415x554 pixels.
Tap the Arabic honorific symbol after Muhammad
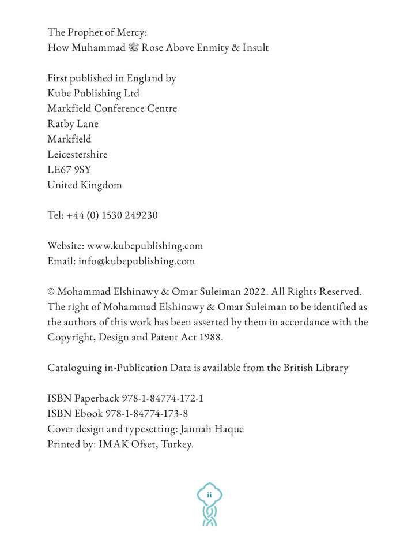click(x=133, y=48)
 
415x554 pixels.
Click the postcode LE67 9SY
click(x=69, y=170)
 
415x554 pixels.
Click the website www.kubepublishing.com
click(x=145, y=246)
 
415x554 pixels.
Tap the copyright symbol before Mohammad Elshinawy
click(x=51, y=292)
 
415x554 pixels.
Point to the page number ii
click(x=209, y=495)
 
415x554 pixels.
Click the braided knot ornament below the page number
click(x=209, y=515)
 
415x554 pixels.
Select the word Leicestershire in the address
click(x=77, y=155)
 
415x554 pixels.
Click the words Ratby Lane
click(x=73, y=124)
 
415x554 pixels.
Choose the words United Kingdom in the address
click(x=84, y=185)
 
